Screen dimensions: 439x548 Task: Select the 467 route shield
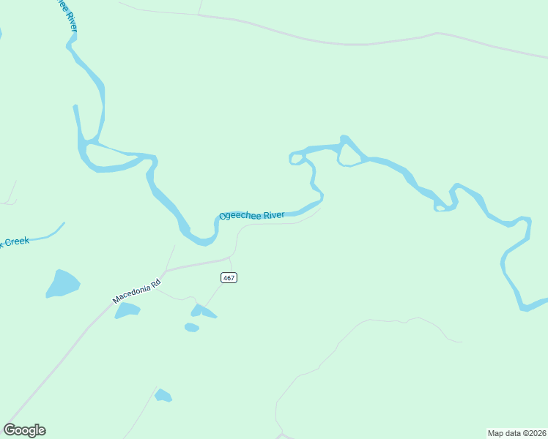coord(229,277)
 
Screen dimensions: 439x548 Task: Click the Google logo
coord(24,429)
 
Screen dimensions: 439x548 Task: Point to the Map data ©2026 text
coord(516,433)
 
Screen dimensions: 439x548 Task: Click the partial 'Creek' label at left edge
coord(15,242)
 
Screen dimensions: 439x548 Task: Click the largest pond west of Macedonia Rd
coord(62,283)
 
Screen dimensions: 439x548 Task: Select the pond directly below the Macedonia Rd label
coord(127,310)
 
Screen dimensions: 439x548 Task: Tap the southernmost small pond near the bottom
coord(163,396)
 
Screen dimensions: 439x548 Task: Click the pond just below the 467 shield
coord(201,312)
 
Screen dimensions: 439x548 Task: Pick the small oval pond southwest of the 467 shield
coord(191,327)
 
